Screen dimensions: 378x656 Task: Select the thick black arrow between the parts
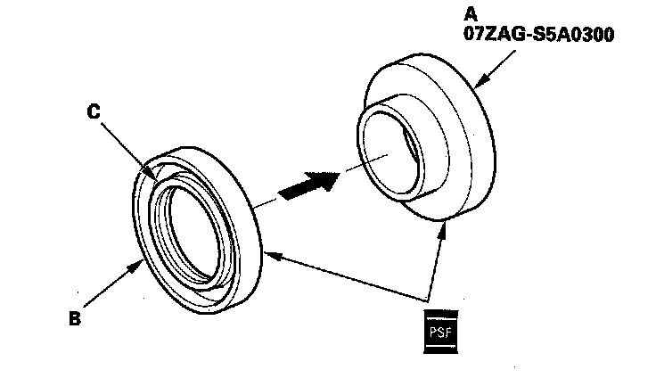(x=308, y=185)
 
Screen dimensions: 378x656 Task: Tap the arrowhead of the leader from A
(x=478, y=87)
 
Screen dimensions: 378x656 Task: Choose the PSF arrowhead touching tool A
(x=444, y=229)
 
